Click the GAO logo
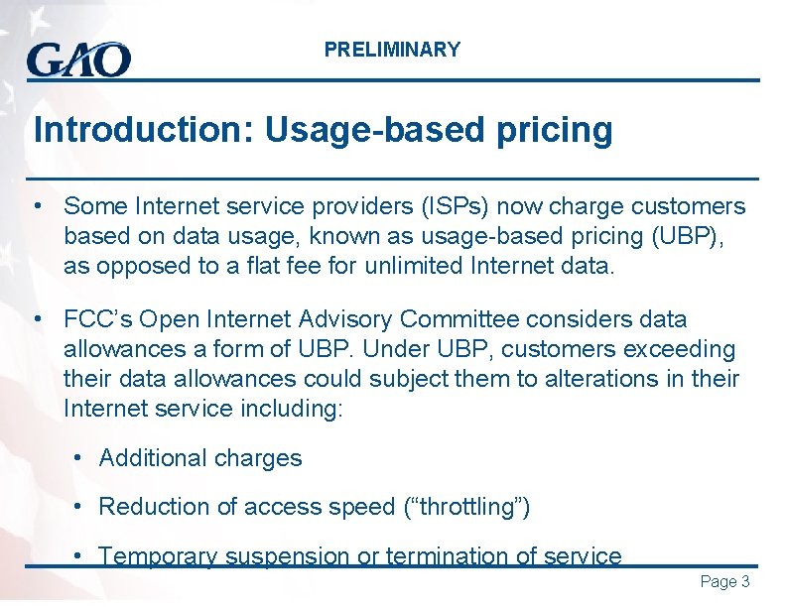click(x=78, y=59)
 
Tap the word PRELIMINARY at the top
click(x=392, y=50)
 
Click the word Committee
click(x=460, y=319)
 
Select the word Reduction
click(x=154, y=507)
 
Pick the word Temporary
click(x=158, y=556)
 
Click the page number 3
click(x=745, y=582)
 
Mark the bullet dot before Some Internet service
click(x=36, y=206)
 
